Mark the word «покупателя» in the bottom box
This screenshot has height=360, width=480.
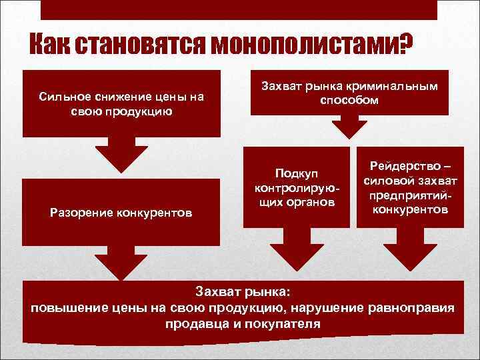(289, 324)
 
